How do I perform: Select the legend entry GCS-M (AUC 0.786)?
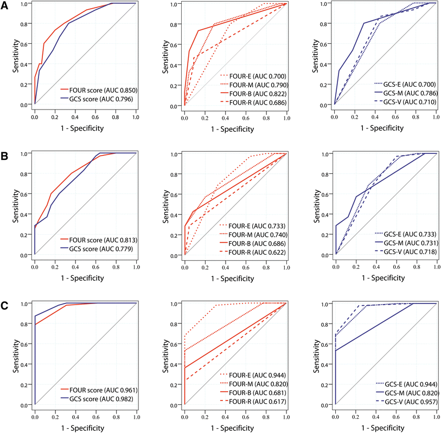pos(404,93)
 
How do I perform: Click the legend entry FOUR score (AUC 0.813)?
pos(99,238)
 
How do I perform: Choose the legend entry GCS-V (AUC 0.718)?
pos(404,252)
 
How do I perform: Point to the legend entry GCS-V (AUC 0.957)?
pos(404,402)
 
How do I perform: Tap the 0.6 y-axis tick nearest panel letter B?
pos(24,193)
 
